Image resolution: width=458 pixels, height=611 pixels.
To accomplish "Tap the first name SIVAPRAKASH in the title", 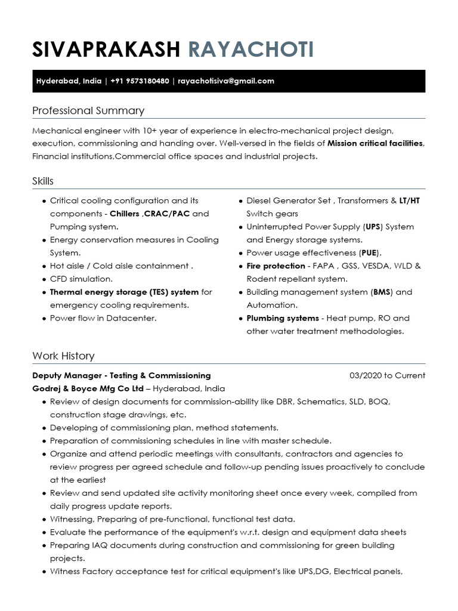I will pos(106,50).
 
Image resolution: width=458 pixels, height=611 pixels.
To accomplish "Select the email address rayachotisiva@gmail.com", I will pos(226,81).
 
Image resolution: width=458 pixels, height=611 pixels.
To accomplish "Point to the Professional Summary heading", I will pos(88,111).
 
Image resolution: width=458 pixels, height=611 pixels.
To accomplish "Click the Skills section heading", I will pos(43,181).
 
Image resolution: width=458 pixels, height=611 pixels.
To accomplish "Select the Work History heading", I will pos(63,356).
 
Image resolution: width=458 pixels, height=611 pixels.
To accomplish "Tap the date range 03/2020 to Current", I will pos(387,375).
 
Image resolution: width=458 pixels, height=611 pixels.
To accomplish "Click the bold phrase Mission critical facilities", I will pos(375,143).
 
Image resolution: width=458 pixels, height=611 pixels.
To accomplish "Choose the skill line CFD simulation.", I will pos(81,279).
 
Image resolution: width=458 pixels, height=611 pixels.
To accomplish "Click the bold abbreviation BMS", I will pos(382,292).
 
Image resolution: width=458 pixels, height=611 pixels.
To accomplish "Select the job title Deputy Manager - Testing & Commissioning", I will pos(121,375).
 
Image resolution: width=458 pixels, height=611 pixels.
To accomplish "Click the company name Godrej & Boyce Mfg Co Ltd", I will pos(88,388).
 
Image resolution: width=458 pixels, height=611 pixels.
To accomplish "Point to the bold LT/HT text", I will pos(410,200).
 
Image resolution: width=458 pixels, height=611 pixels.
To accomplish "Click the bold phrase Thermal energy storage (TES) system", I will pos(124,292).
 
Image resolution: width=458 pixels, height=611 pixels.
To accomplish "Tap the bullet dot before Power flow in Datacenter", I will pos(45,319).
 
